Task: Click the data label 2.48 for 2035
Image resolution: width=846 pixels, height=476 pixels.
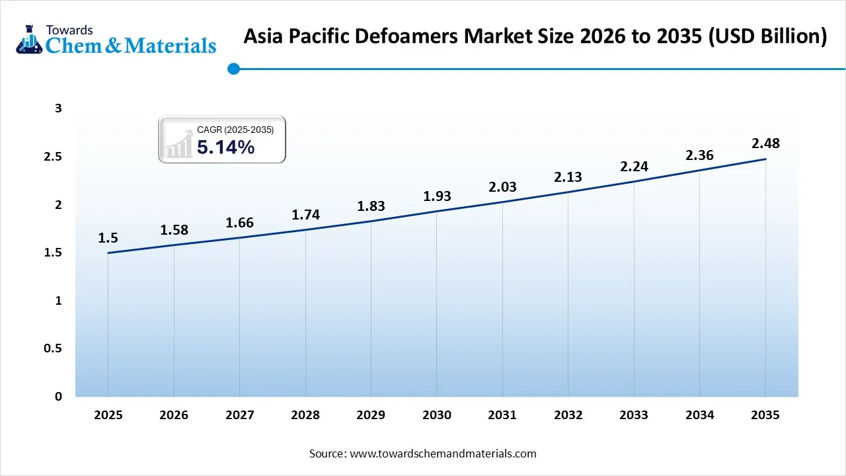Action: tap(765, 143)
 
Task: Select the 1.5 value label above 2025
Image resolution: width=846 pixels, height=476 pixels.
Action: tap(108, 238)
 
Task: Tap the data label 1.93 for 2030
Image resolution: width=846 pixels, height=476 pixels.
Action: tap(437, 196)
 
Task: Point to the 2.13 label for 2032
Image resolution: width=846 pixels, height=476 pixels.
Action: tap(568, 177)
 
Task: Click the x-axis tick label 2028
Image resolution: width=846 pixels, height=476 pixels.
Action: tap(305, 415)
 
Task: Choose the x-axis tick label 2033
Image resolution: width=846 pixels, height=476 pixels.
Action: tap(634, 415)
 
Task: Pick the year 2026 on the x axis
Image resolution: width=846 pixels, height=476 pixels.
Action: tap(174, 415)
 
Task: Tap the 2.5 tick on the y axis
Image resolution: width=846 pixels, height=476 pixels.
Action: tap(53, 157)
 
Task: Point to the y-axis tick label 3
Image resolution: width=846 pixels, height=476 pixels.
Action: tap(58, 108)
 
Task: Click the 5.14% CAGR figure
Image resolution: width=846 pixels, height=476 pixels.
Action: tap(225, 148)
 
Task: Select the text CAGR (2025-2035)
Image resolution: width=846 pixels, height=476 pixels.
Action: tap(235, 130)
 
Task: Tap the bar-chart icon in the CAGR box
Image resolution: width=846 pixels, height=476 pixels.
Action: tap(178, 145)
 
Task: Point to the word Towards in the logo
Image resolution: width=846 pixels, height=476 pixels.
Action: tap(69, 30)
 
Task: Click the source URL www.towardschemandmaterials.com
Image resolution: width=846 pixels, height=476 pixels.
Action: tap(443, 454)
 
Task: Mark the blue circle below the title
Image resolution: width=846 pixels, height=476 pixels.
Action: tap(233, 68)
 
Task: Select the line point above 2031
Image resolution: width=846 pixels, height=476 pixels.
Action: tap(502, 202)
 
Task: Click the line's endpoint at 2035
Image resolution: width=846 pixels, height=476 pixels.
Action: tap(765, 159)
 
